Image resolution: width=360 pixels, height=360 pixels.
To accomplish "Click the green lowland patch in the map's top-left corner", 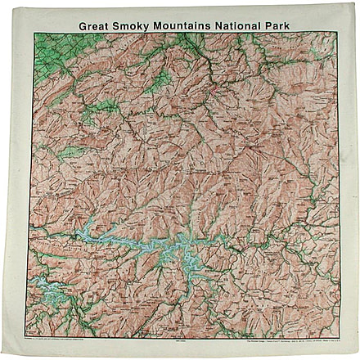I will click(57, 49).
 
